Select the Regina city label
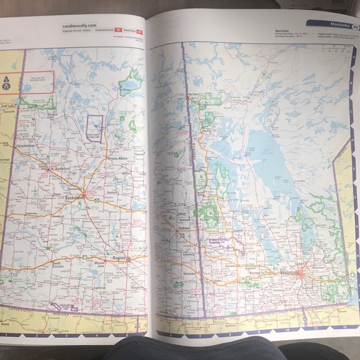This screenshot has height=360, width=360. (x=119, y=256)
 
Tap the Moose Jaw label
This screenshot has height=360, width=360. (x=99, y=264)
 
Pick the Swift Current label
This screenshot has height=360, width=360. (x=56, y=264)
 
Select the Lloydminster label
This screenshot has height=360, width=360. (x=30, y=147)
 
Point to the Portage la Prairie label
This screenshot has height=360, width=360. (x=259, y=272)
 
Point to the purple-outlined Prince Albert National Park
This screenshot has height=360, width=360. (x=95, y=128)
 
